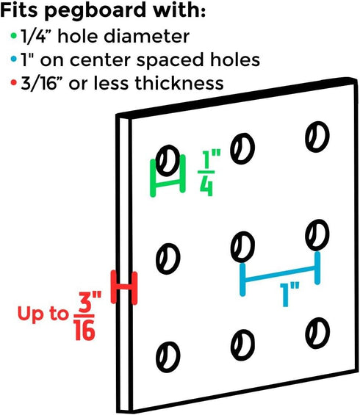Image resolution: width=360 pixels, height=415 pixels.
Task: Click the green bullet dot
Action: pyautogui.click(x=14, y=35)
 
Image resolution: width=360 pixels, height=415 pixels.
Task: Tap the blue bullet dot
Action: pyautogui.click(x=14, y=59)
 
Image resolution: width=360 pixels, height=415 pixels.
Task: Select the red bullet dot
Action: pyautogui.click(x=14, y=82)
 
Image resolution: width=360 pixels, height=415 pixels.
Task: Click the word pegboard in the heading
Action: pyautogui.click(x=95, y=11)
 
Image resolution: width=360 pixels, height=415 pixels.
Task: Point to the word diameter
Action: pyautogui.click(x=147, y=36)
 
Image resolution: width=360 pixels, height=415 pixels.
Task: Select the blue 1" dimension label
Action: pyautogui.click(x=289, y=295)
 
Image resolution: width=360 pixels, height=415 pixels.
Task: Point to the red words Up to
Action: pyautogui.click(x=43, y=314)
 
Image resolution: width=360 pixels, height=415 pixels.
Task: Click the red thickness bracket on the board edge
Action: pyautogui.click(x=124, y=287)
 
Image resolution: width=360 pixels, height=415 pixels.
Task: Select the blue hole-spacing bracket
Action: pyautogui.click(x=280, y=273)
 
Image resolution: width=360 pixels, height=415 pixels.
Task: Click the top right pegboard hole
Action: pyautogui.click(x=317, y=137)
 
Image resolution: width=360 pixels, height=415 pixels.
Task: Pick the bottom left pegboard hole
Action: pyautogui.click(x=168, y=357)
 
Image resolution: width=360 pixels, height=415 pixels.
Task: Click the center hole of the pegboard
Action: pyautogui.click(x=242, y=247)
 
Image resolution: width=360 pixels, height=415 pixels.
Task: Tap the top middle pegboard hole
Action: pyautogui.click(x=242, y=148)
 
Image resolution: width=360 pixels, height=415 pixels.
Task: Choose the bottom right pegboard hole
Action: pyautogui.click(x=317, y=333)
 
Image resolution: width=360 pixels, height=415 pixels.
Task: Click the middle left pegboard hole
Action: pyautogui.click(x=168, y=259)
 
